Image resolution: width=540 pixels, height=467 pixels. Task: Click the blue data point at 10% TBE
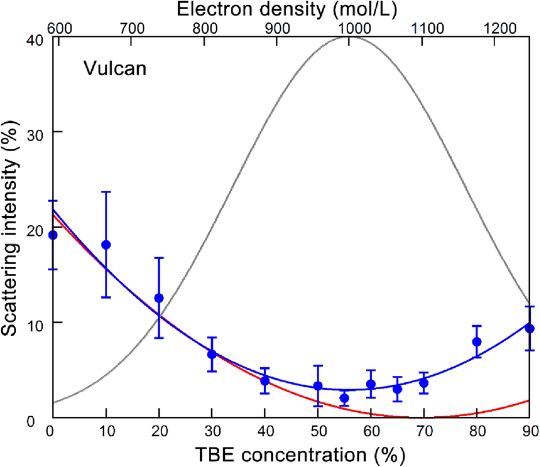point(106,244)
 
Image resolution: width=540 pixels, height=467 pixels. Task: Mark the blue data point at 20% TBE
point(159,298)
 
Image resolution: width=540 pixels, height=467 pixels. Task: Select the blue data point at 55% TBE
point(344,398)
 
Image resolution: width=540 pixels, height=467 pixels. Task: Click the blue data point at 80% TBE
point(477,341)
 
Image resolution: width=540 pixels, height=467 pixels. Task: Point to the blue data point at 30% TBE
point(212,354)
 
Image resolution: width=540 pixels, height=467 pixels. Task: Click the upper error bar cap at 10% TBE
point(106,192)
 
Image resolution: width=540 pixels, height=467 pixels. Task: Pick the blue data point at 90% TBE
point(530,328)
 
